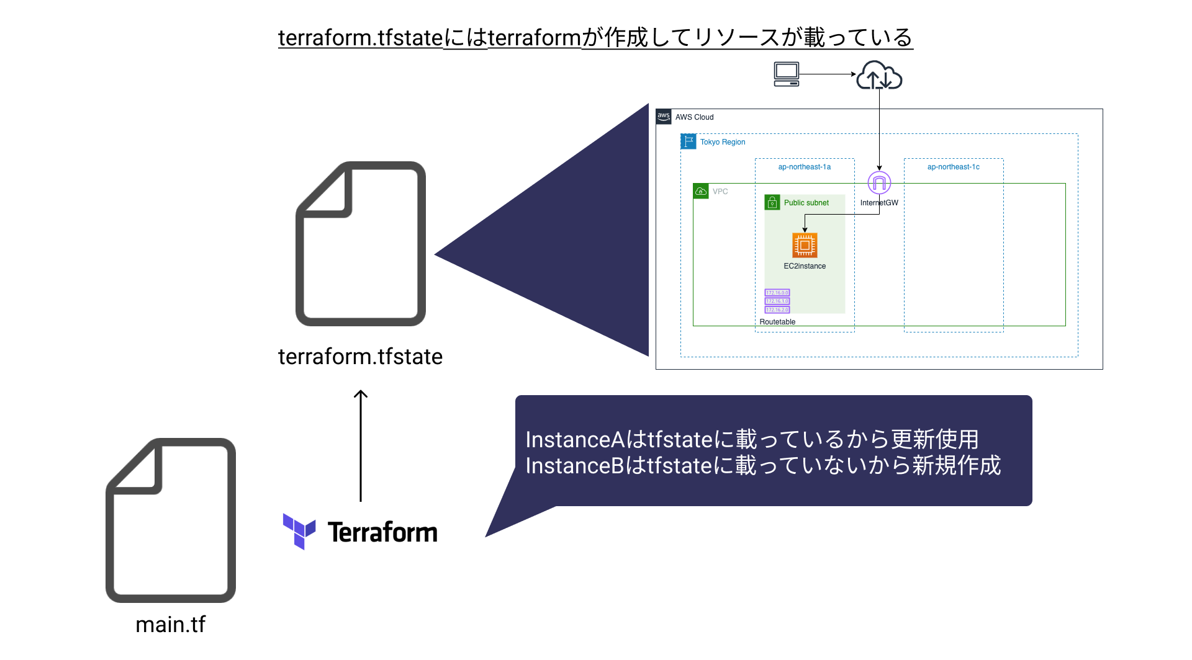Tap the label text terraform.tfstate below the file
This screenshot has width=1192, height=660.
point(360,357)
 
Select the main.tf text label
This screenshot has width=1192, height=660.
point(170,624)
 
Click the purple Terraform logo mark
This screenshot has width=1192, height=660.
point(299,531)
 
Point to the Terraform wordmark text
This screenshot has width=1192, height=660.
point(382,532)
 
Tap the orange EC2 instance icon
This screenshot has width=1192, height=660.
point(805,245)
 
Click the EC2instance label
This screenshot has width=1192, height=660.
point(805,266)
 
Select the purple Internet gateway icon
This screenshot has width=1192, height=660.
point(879,183)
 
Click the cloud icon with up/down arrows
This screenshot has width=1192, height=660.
point(879,76)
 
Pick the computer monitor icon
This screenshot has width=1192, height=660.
point(787,74)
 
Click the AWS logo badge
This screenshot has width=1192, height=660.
point(664,117)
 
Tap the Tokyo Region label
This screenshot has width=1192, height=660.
point(723,142)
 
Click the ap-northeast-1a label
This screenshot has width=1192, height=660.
point(804,167)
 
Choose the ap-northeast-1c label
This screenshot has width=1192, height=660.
point(953,167)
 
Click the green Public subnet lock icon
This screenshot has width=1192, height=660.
point(772,203)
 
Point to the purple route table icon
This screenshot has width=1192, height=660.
point(777,301)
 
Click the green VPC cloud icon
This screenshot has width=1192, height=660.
point(701,191)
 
